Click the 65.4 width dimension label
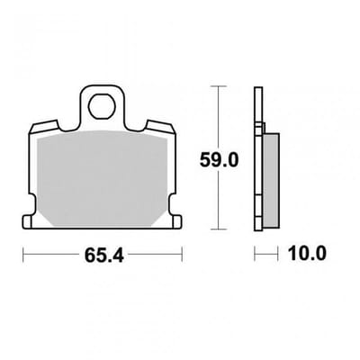click(x=103, y=256)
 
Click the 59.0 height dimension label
click(x=219, y=160)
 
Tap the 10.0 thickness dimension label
click(x=307, y=254)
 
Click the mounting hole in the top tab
click(x=102, y=106)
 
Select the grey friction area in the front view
click(x=102, y=178)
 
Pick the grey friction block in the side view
click(x=271, y=180)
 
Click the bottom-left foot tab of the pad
click(x=28, y=222)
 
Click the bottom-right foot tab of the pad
click(x=177, y=222)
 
